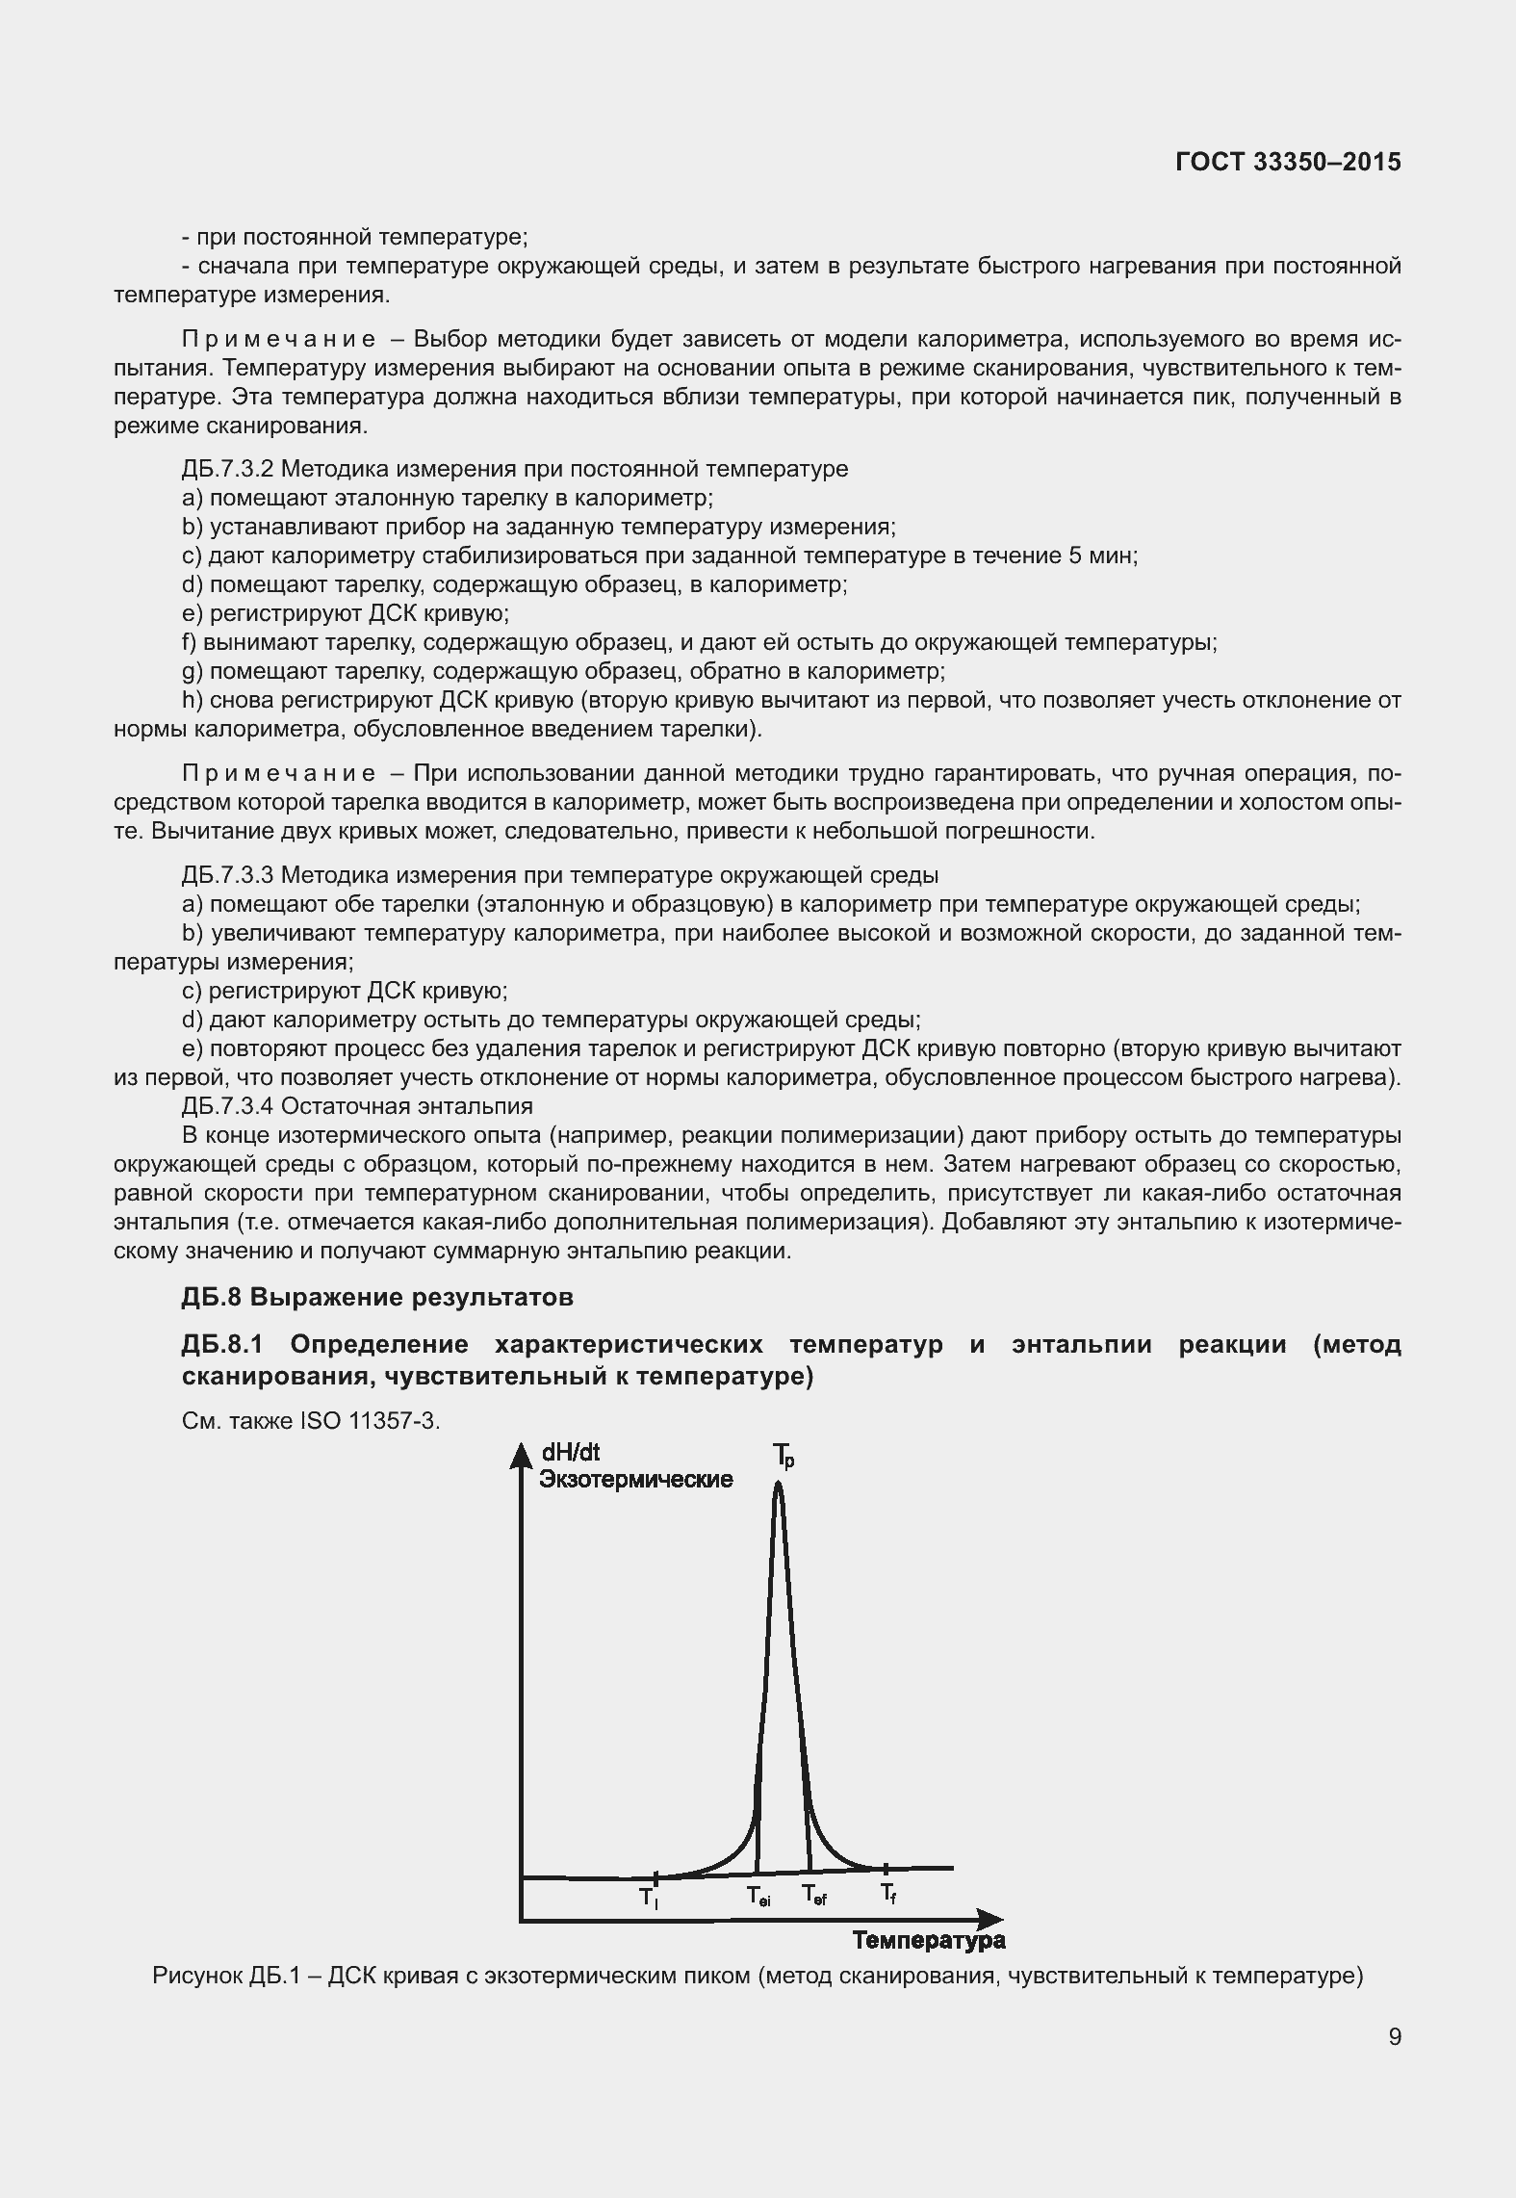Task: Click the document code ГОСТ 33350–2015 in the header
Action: click(x=1287, y=163)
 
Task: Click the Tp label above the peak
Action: click(x=784, y=1456)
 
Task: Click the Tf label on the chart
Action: click(x=888, y=1894)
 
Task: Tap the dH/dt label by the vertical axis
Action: click(x=571, y=1453)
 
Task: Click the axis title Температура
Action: click(x=928, y=1940)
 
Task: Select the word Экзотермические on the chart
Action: click(x=635, y=1479)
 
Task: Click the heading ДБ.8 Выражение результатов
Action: click(x=377, y=1297)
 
